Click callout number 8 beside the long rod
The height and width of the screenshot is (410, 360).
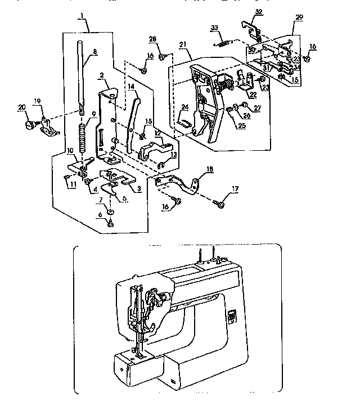[x=94, y=52]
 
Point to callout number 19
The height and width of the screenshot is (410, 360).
[x=38, y=101]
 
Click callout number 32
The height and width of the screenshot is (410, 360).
[x=258, y=11]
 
